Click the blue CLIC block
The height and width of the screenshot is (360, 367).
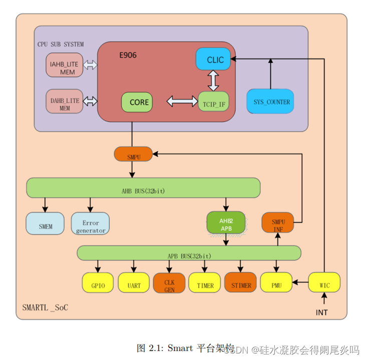click(x=213, y=60)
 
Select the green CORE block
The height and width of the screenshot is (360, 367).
click(x=137, y=102)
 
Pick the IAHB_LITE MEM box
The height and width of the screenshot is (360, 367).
click(x=64, y=65)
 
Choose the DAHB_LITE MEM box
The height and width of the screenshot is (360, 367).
click(x=64, y=102)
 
